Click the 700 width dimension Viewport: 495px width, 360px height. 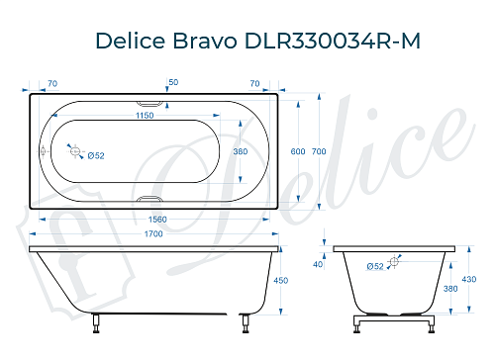[x=318, y=151]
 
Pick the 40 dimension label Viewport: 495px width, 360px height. [x=318, y=264]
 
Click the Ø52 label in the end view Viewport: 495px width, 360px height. [x=375, y=266]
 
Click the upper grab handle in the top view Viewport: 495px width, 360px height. [x=148, y=103]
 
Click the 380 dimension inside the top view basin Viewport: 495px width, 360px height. [x=238, y=151]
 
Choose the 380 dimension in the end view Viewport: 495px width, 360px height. [x=451, y=290]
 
